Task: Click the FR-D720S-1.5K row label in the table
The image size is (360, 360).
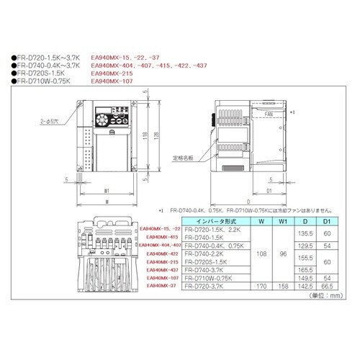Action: tap(210, 261)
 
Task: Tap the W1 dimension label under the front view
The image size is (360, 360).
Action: tap(106, 191)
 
